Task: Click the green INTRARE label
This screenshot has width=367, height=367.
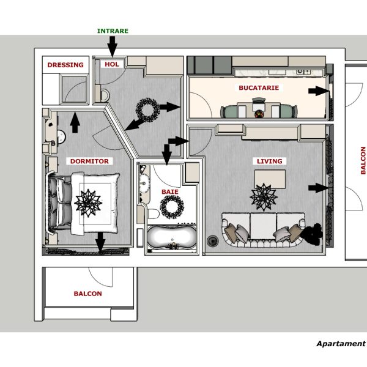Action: tap(113, 31)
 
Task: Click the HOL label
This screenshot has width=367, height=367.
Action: tap(113, 64)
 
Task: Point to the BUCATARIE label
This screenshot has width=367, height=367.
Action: tap(259, 88)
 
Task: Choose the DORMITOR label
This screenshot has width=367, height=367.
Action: tap(89, 161)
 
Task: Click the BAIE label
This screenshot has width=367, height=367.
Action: tap(169, 191)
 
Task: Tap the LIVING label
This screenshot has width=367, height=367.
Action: tap(269, 161)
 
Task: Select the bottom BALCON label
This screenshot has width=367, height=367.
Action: tap(87, 294)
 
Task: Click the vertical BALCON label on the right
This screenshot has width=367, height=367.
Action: tap(362, 161)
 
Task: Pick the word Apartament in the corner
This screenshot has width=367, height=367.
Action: tap(340, 344)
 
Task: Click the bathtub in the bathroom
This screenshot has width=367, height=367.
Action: tap(172, 238)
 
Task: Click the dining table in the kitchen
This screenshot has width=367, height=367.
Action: tap(258, 111)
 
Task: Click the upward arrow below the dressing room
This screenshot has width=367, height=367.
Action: tap(75, 122)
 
